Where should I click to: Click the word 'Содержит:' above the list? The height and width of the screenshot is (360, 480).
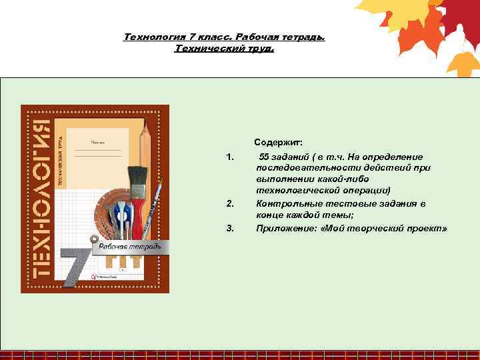(x=278, y=142)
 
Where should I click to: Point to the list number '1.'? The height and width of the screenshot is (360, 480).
(x=230, y=157)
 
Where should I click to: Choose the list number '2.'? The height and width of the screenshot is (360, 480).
(x=230, y=204)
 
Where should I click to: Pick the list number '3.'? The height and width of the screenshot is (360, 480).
(x=230, y=228)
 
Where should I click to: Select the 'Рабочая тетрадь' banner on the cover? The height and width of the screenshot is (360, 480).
(x=130, y=247)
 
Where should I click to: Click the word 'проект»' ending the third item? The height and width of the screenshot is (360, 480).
(x=427, y=228)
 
